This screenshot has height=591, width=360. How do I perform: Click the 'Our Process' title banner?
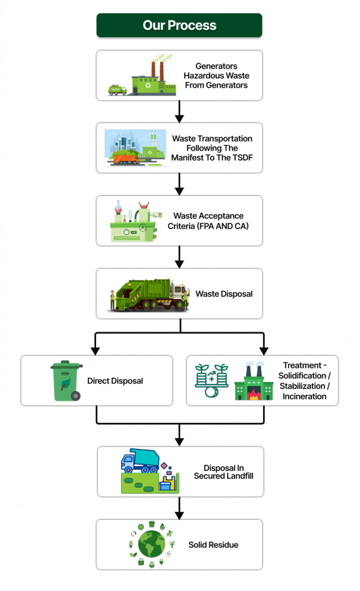179,25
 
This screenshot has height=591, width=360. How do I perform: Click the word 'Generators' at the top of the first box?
216,66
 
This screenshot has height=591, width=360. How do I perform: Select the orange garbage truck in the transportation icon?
125,159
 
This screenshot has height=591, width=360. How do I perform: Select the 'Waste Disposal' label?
224,294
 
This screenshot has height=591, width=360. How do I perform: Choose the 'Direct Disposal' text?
115,381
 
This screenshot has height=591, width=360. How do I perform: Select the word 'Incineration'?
304,396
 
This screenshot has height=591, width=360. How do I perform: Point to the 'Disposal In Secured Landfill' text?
224,471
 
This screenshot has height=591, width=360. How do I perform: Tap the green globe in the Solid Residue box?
151,544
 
